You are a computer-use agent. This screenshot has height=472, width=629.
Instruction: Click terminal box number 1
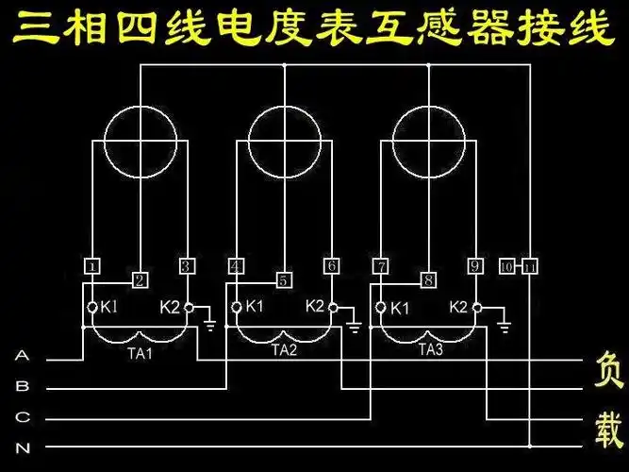click(x=91, y=266)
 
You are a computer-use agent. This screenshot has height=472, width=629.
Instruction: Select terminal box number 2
click(x=139, y=279)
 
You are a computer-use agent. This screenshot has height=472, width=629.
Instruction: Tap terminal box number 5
click(x=283, y=279)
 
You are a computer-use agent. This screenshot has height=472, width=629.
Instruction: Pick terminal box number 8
click(x=428, y=279)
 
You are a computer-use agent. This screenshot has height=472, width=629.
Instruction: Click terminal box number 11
click(x=530, y=266)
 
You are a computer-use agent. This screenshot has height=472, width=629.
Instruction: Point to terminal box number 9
click(x=475, y=266)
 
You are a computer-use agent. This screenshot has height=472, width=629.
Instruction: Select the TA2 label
click(x=284, y=349)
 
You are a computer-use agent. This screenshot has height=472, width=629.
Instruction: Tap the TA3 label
click(x=429, y=349)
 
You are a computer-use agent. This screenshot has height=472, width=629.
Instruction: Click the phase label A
click(x=24, y=357)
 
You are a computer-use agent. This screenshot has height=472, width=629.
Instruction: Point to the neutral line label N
click(x=24, y=446)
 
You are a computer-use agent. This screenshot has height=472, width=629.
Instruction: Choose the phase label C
click(x=24, y=416)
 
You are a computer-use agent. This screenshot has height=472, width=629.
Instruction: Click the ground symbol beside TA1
click(x=208, y=326)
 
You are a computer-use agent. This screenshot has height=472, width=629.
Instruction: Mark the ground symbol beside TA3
click(x=505, y=326)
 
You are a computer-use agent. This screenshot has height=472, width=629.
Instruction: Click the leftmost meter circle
click(x=140, y=142)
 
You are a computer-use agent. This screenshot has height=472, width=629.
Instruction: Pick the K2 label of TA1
click(x=170, y=307)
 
